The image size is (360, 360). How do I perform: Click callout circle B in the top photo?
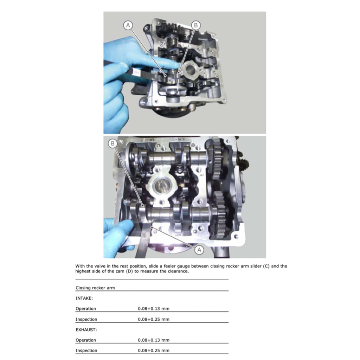pyautogui.click(x=196, y=25)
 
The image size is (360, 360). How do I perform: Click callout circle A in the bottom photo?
pyautogui.click(x=199, y=250)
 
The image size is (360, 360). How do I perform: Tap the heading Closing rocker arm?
pyautogui.click(x=95, y=288)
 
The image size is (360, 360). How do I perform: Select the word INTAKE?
pyautogui.click(x=84, y=298)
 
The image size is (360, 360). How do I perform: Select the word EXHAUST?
pyautogui.click(x=86, y=330)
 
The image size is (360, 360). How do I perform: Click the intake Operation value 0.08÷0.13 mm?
pyautogui.click(x=154, y=309)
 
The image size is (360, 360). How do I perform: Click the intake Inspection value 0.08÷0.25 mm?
pyautogui.click(x=154, y=320)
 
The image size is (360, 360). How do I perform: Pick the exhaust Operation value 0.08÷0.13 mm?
pyautogui.click(x=154, y=340)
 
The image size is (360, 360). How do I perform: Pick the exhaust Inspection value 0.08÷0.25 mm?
pyautogui.click(x=154, y=351)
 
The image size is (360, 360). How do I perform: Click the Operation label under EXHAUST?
pyautogui.click(x=85, y=340)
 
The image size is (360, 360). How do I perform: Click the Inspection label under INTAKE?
pyautogui.click(x=86, y=320)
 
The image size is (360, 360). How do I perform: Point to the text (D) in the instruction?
pyautogui.click(x=129, y=271)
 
